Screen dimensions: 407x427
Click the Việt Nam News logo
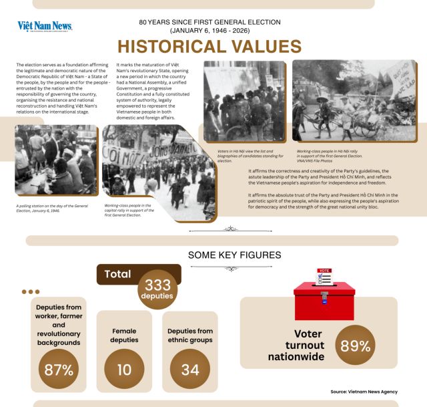click(x=45, y=27)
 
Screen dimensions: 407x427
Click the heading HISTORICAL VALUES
click(x=209, y=47)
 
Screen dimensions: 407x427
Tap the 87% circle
click(x=59, y=370)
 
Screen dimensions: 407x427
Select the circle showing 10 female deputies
click(x=124, y=370)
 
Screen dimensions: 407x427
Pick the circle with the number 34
click(x=190, y=370)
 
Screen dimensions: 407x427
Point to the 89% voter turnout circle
click(x=356, y=346)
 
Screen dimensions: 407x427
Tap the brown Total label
click(x=118, y=274)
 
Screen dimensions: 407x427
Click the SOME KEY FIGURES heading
click(x=234, y=255)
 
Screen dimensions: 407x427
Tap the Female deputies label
click(x=124, y=335)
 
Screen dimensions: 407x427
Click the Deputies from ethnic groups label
click(x=190, y=335)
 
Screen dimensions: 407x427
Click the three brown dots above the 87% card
click(x=31, y=291)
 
